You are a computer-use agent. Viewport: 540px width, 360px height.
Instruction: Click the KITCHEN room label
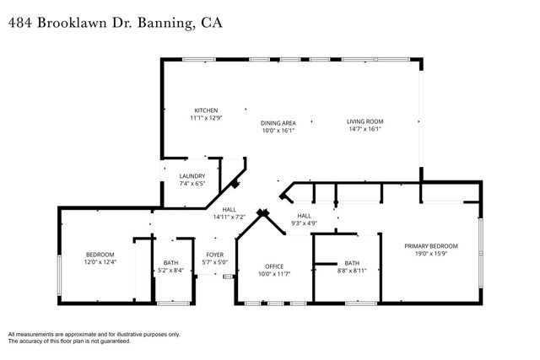tap(206, 110)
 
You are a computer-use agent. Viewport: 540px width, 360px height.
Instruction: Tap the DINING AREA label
tap(278, 123)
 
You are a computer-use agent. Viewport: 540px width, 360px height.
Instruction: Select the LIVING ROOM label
tap(364, 122)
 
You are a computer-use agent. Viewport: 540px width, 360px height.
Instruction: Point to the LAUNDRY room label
tap(192, 175)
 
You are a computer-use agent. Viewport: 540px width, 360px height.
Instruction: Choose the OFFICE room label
tap(273, 266)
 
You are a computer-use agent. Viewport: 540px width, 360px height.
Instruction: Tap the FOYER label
tap(215, 254)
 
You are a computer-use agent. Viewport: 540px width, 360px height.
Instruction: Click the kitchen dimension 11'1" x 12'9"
tap(206, 118)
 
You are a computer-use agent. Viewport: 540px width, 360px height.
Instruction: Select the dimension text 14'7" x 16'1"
tap(364, 130)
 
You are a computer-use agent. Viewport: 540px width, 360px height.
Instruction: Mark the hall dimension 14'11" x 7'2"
tap(229, 217)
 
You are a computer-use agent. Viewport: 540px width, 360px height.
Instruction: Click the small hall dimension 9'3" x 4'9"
tap(304, 223)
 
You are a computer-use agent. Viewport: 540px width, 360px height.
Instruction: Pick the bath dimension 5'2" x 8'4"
tap(170, 271)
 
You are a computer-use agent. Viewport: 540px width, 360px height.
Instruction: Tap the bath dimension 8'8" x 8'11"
tap(351, 271)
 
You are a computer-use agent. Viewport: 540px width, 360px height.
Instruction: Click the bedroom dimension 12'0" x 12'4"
tap(100, 262)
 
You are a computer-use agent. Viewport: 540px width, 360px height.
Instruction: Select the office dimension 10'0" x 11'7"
tap(273, 273)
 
